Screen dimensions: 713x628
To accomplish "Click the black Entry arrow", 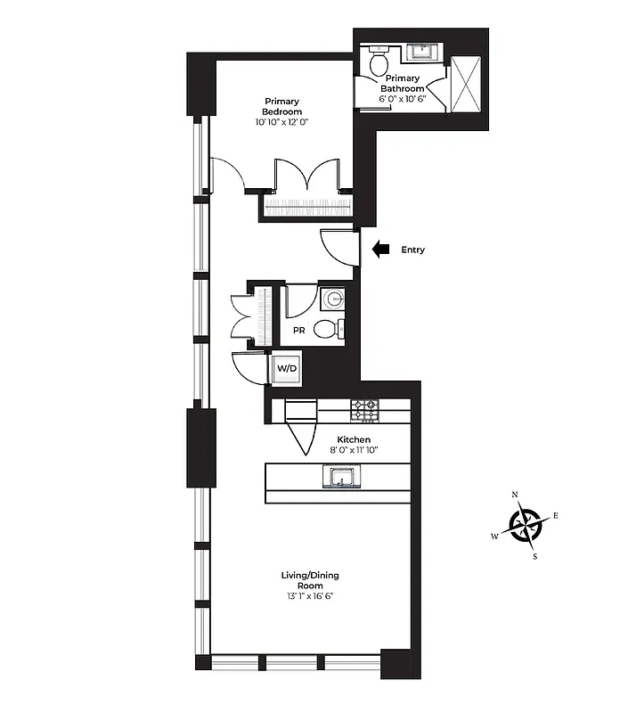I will coord(381,250).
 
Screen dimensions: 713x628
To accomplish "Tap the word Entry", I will coord(413,250).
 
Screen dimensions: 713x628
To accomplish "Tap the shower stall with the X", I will coord(466,83).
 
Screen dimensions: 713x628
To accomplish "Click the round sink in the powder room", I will coord(332,298).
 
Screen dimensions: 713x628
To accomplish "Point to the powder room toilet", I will coord(330,330).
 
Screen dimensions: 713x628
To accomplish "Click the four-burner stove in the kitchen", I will coord(364,410).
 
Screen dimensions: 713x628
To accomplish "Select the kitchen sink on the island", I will coord(339,479).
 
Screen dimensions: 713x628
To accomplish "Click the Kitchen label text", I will coord(354,439).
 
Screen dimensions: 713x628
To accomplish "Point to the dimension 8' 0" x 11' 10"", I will coord(354,452).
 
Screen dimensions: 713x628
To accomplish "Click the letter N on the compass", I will coord(514,495).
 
